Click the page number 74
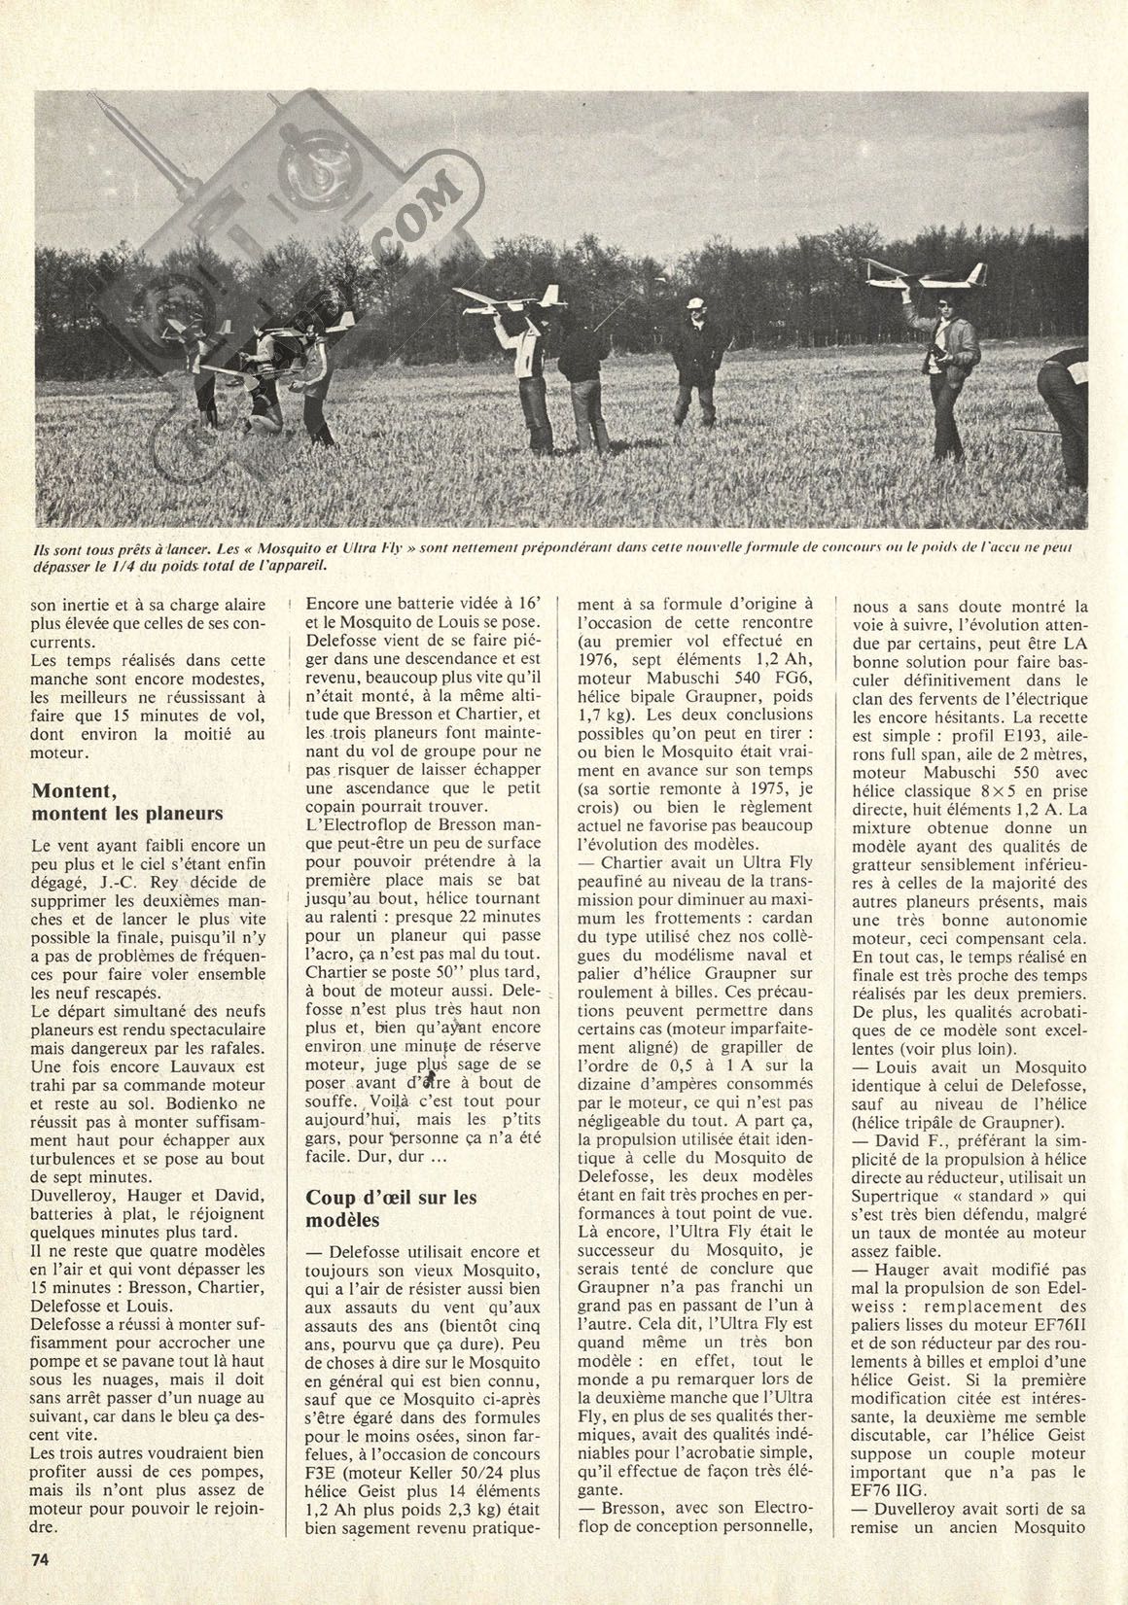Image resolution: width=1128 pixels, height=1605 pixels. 41,1560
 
